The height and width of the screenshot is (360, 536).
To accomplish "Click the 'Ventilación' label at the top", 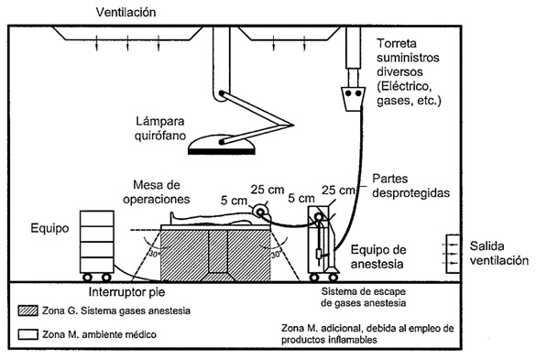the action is pos(126,12).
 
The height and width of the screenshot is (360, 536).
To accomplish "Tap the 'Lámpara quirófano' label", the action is pos(160,128).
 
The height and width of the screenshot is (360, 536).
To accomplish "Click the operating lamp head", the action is pos(222,146).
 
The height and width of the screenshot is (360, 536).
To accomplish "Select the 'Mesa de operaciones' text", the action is pos(157,191).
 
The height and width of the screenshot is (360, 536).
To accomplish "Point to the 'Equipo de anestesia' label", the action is pos(378,256).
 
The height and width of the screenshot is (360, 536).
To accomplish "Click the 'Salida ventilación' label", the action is pos(498,254).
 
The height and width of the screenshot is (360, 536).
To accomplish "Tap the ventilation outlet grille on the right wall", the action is pos(453,254).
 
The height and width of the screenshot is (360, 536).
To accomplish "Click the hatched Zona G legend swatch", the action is pos(28,311).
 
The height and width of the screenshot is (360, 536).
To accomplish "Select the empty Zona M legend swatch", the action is pos(28,334).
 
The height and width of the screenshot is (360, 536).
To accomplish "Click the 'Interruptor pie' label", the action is pos(126,292).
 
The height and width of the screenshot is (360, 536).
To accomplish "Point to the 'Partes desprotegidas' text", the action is pos(410,186).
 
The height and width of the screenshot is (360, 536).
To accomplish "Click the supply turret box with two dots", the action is pos(353,99).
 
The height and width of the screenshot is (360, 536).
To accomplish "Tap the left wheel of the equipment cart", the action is pos(88,278).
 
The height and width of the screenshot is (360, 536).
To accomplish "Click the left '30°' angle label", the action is pos(154,254).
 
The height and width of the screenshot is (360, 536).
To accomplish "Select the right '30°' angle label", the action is pos(276,255).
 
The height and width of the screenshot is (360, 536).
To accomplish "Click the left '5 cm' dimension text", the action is pos(234,201).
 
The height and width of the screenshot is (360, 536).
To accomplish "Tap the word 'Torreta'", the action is pos(397,43).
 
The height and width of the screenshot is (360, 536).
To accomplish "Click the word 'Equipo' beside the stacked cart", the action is pos(49,228).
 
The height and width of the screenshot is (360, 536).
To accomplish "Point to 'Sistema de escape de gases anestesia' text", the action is pos(364,298).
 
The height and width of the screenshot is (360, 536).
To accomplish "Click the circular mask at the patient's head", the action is pos(260,213).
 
